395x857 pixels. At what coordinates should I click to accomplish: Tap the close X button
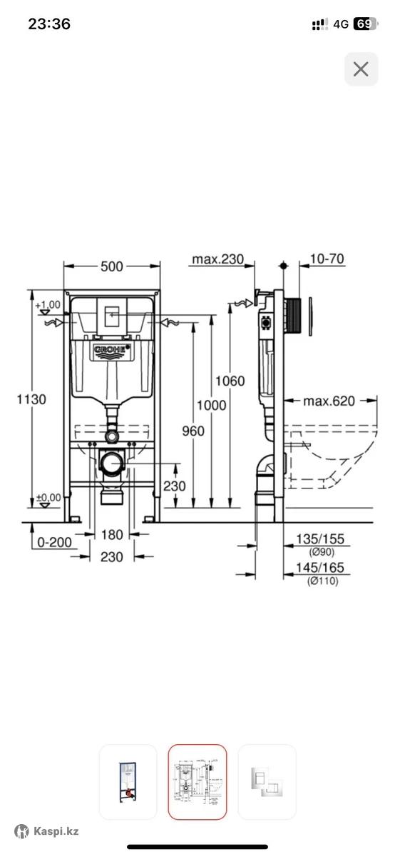[361, 69]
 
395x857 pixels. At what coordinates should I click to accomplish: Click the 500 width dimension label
[111, 266]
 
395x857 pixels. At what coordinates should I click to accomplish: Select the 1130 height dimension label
[31, 399]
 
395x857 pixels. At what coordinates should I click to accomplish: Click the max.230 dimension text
[217, 259]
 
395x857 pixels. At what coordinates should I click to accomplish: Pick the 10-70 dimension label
[327, 259]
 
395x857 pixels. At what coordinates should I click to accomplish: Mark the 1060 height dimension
[230, 381]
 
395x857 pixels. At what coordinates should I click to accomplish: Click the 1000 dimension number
[211, 405]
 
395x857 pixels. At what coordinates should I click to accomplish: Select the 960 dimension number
[193, 431]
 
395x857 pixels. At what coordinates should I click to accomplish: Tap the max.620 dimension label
[329, 401]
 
